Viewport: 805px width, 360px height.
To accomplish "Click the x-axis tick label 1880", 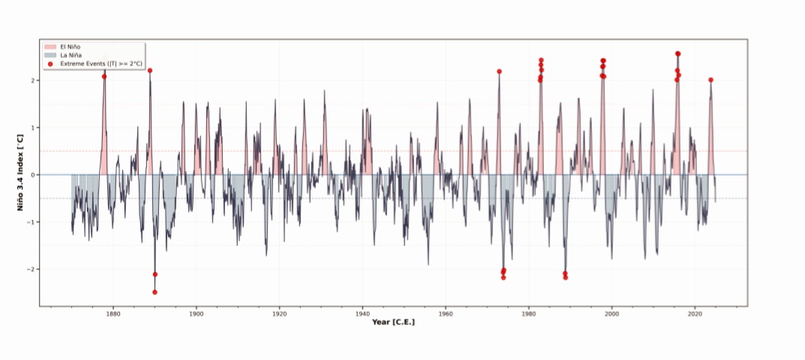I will point(113,314).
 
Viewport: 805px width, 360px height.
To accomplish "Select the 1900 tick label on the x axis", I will point(197,314).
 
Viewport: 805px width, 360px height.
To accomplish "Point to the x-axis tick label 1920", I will point(279,314).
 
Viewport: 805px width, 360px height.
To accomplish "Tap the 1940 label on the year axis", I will point(362,314).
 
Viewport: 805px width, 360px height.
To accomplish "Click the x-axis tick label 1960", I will point(446,314).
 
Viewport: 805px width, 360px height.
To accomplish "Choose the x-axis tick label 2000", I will point(612,314).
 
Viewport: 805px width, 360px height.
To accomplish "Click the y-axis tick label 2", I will point(35,80).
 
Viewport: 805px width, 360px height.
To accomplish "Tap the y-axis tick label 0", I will point(35,175).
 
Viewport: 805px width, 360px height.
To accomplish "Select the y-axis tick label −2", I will point(32,269).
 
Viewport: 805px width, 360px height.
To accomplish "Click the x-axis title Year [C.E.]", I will point(393,322).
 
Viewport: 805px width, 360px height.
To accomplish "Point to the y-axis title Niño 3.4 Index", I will point(20,173).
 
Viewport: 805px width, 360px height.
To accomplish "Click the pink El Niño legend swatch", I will point(50,47).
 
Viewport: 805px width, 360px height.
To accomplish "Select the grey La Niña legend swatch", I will point(50,55).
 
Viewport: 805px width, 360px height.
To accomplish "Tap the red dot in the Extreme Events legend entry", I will point(50,64).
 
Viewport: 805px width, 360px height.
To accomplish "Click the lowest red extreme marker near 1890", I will point(155,292).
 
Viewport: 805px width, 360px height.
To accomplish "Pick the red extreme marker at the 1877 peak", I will point(104,76).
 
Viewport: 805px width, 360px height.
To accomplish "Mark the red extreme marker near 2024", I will point(710,79).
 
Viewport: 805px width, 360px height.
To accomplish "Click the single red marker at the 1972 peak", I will point(499,71).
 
